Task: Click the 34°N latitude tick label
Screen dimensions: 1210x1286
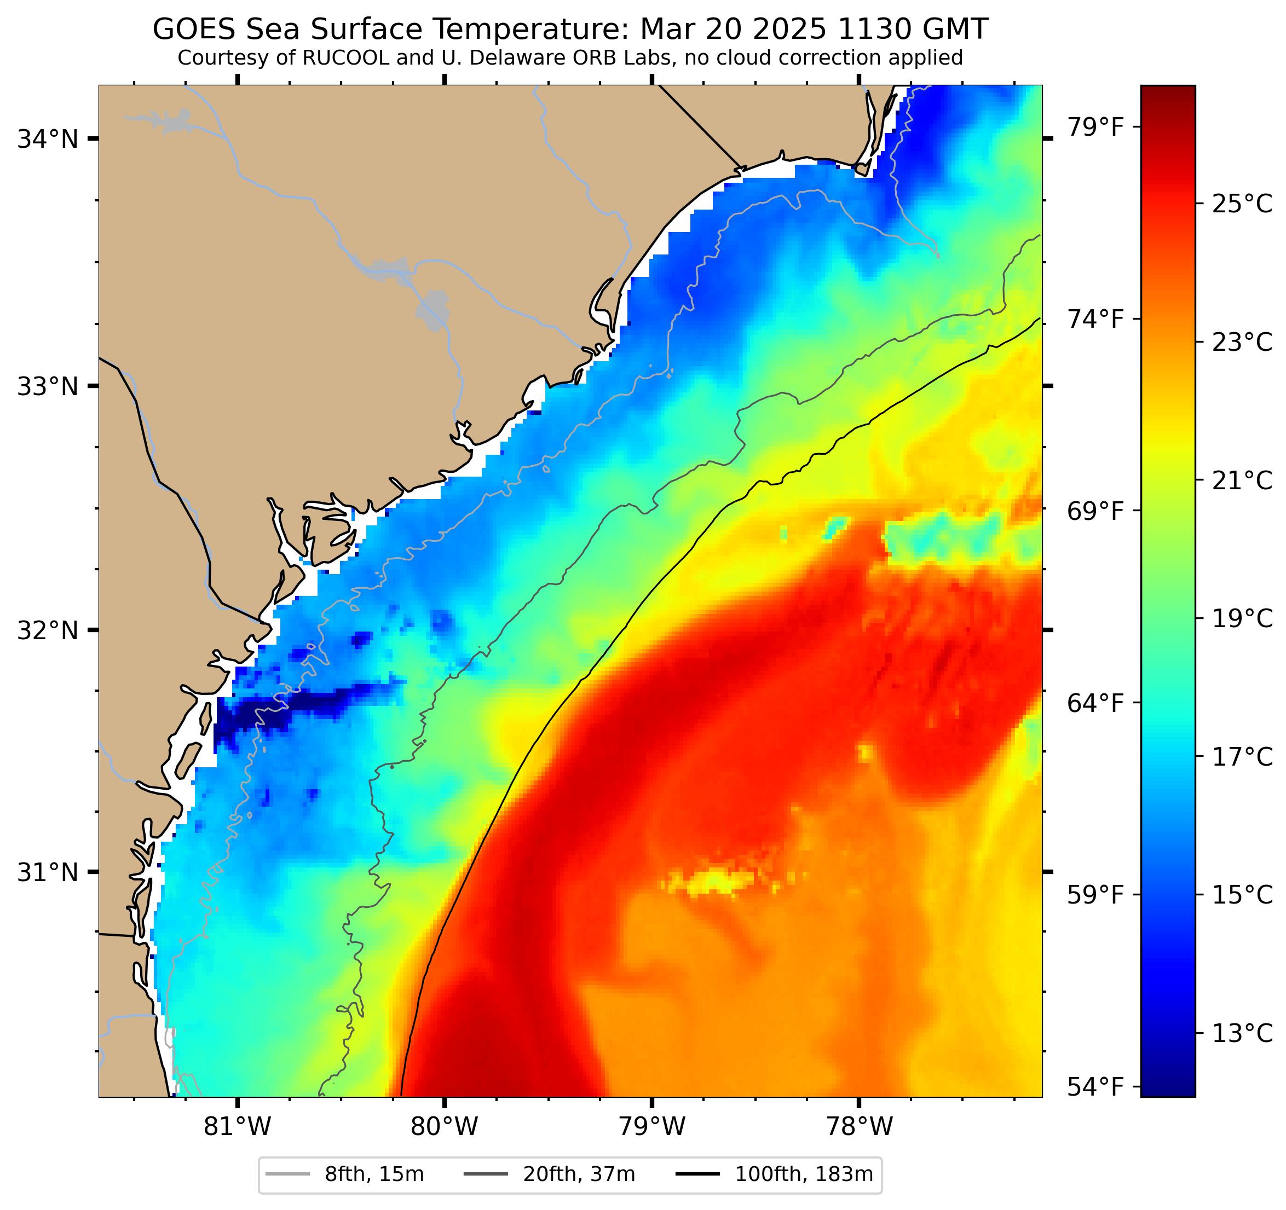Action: point(47,139)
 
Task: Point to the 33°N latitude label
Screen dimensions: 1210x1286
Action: point(47,387)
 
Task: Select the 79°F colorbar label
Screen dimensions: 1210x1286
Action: point(1094,128)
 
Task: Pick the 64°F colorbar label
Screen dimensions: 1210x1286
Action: point(1094,703)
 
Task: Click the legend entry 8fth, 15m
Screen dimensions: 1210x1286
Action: point(374,1174)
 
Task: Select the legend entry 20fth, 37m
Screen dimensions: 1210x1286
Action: point(579,1174)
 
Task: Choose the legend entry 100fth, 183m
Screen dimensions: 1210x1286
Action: point(804,1174)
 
